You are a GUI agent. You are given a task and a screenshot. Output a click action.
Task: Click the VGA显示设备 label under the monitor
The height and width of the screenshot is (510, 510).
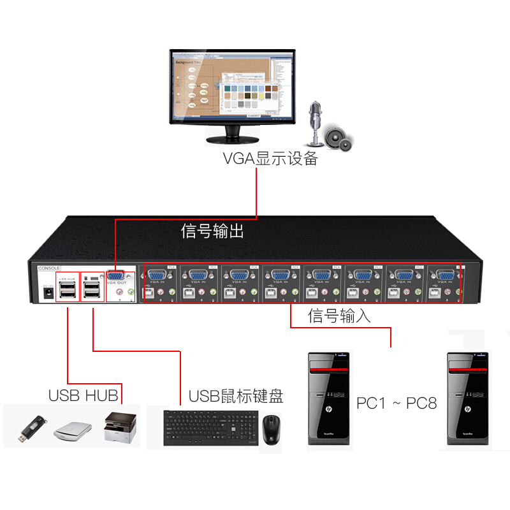click(x=270, y=158)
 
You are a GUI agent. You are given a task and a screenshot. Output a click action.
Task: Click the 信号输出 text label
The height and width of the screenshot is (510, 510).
click(x=212, y=231)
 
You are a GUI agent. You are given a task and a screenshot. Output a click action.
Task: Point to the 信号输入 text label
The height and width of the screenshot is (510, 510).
click(x=339, y=315)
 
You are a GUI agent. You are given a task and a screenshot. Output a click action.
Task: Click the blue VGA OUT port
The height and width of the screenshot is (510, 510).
click(x=116, y=277)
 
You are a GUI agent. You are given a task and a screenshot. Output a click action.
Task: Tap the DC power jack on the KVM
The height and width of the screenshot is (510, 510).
click(x=47, y=292)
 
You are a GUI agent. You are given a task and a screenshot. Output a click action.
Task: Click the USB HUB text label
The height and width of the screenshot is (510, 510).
click(x=83, y=395)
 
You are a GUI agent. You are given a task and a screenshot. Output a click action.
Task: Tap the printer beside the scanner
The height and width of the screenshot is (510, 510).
click(x=119, y=426)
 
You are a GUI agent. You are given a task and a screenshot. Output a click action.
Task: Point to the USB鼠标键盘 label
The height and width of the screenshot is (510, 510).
click(x=236, y=397)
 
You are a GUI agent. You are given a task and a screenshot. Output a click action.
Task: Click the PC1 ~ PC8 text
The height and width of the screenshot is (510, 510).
click(x=396, y=403)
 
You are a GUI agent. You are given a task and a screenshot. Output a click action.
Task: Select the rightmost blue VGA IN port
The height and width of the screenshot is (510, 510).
click(x=444, y=277)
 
